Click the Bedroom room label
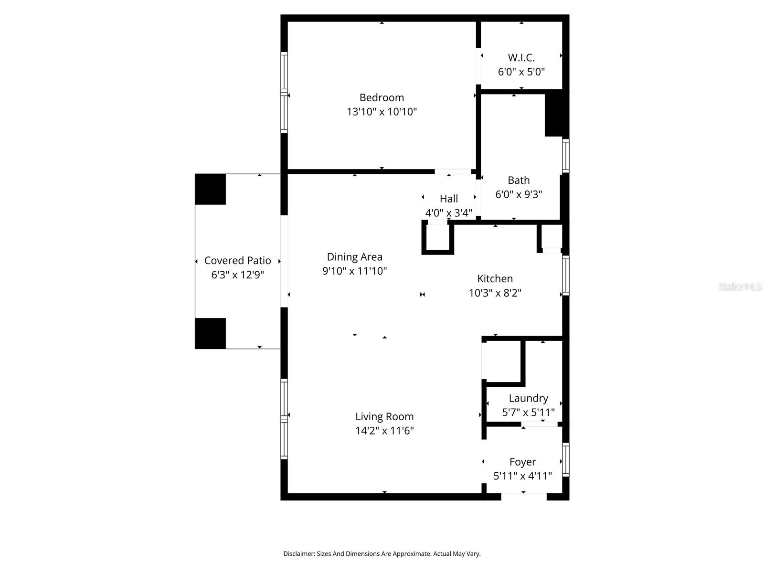click(382, 97)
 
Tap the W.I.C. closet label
click(521, 58)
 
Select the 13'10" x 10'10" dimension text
click(382, 112)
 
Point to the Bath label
click(519, 180)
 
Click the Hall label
click(448, 199)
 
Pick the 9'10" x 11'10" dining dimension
click(354, 271)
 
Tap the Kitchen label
click(495, 278)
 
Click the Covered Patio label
click(237, 260)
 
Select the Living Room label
click(384, 416)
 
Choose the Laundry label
click(528, 398)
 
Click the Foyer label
click(522, 462)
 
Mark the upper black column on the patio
click(210, 189)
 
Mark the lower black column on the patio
click(210, 333)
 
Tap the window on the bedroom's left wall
click(284, 92)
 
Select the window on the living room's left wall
click(284, 419)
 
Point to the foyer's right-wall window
click(566, 459)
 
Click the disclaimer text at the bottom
click(382, 554)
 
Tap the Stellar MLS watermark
click(740, 286)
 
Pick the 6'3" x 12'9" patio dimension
click(237, 275)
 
